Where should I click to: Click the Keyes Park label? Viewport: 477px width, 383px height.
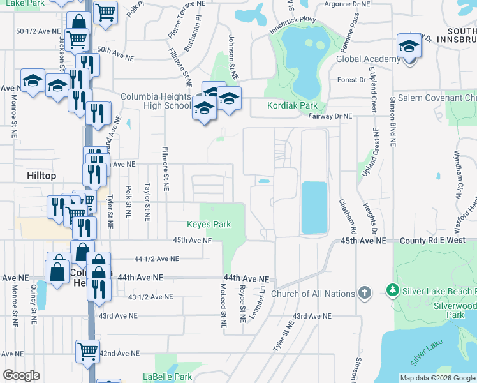pyautogui.click(x=208, y=224)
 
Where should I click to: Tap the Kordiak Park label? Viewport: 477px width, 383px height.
pyautogui.click(x=292, y=105)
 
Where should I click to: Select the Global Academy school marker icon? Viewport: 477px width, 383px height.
pyautogui.click(x=408, y=46)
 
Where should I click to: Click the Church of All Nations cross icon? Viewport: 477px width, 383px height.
pyautogui.click(x=365, y=293)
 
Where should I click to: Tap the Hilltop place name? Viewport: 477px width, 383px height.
pyautogui.click(x=42, y=175)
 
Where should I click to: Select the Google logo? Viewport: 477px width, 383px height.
pyautogui.click(x=21, y=375)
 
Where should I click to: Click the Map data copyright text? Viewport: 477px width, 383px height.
pyautogui.click(x=437, y=378)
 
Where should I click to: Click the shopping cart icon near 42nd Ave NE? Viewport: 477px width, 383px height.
pyautogui.click(x=87, y=350)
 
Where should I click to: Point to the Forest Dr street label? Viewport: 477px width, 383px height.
pyautogui.click(x=352, y=80)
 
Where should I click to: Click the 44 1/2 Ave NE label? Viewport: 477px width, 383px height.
pyautogui.click(x=157, y=259)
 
